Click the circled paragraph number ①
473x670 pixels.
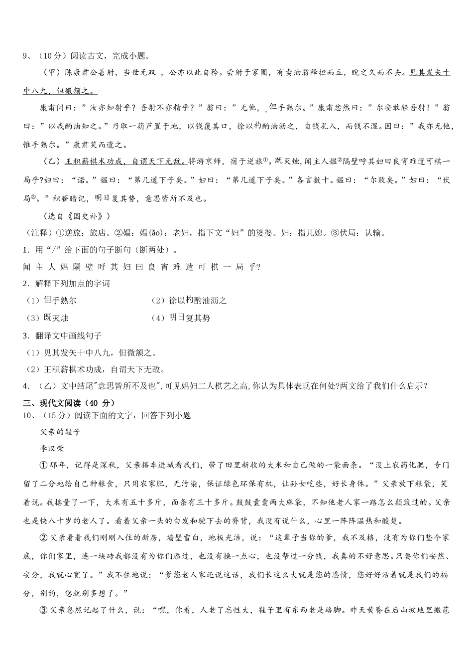point(43,465)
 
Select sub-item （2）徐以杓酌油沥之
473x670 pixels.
point(189,301)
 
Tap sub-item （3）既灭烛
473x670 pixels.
point(47,318)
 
